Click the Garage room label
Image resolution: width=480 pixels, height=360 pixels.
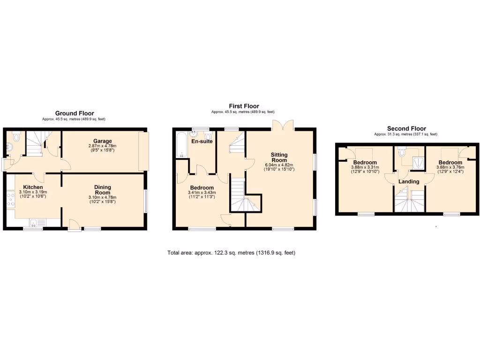click(x=102, y=141)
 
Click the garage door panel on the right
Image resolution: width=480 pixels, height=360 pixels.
click(x=143, y=151)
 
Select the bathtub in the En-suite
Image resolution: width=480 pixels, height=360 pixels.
click(x=180, y=145)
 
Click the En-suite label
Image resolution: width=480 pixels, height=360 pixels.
click(x=202, y=141)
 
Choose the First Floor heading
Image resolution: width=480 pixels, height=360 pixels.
click(x=244, y=106)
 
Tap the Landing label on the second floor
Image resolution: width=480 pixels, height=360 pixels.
click(x=409, y=181)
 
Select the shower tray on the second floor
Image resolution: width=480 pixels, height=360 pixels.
click(x=416, y=162)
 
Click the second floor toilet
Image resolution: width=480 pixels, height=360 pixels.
click(x=401, y=152)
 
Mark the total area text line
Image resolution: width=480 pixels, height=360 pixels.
click(x=231, y=253)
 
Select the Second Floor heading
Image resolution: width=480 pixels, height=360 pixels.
click(x=406, y=128)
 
